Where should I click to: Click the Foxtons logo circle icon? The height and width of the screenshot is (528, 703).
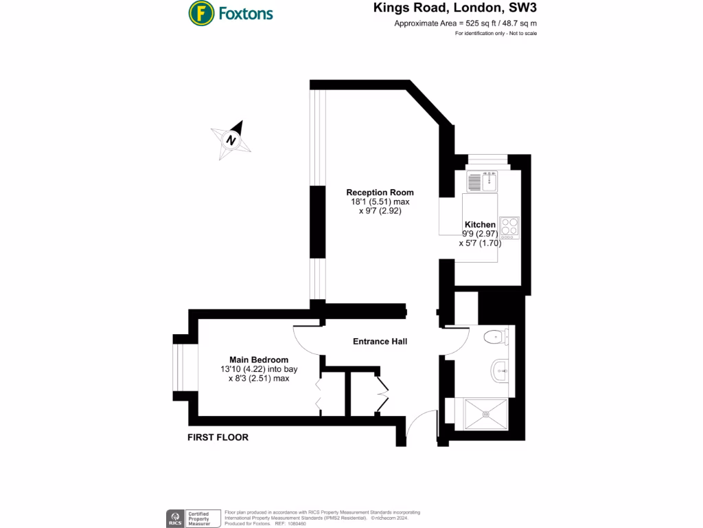[200, 12]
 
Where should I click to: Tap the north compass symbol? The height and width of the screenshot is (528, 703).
[231, 140]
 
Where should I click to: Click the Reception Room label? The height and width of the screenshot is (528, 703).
[380, 192]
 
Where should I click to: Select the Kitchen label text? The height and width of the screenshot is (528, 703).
[480, 225]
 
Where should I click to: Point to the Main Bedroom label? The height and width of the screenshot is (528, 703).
[258, 360]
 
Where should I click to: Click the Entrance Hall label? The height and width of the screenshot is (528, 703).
[380, 341]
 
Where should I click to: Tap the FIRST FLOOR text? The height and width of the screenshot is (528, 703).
[218, 437]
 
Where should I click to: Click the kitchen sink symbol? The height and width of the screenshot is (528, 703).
[483, 181]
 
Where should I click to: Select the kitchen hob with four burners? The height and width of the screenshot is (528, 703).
[509, 226]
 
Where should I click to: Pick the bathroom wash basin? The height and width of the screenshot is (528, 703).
[500, 371]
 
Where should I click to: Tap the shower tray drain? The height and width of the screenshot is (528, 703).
[486, 415]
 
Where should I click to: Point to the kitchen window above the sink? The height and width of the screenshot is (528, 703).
[487, 161]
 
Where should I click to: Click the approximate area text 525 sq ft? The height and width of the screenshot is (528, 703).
[465, 24]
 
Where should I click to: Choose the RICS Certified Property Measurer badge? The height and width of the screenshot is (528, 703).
[192, 518]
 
